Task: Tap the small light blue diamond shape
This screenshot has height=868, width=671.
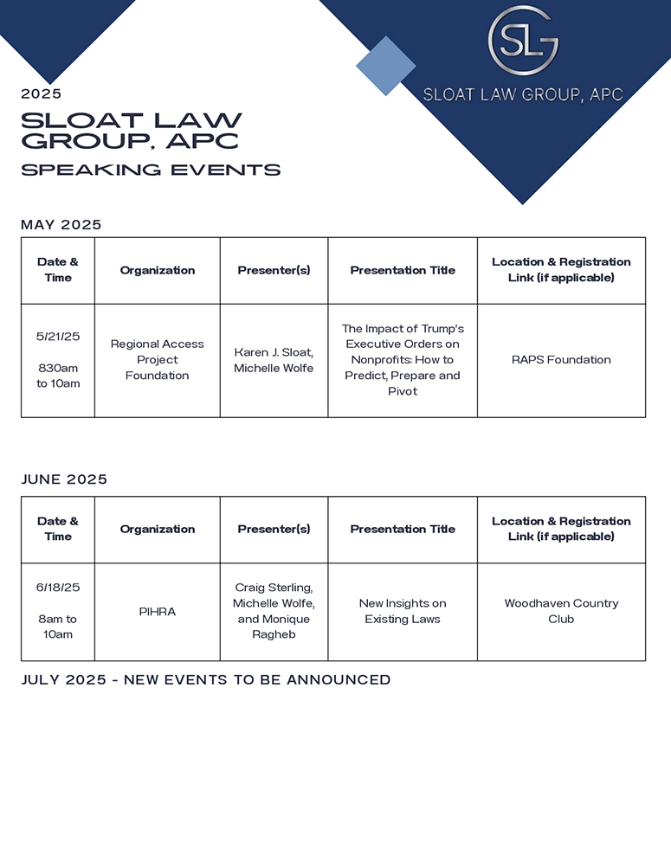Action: pos(386,66)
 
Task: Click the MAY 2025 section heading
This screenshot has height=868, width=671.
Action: pos(61,225)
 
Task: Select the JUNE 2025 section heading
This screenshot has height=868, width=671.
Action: pos(64,479)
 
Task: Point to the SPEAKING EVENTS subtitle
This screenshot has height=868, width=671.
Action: pos(151,170)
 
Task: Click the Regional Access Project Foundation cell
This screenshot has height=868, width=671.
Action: pos(158,360)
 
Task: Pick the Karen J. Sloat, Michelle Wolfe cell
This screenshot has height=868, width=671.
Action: pos(274,360)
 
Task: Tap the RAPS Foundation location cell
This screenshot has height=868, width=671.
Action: pos(561,360)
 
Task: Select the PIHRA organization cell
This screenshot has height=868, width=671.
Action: pos(158,612)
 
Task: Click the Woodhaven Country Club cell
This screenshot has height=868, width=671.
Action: pos(561,611)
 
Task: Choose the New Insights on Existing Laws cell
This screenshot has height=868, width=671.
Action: pos(403,611)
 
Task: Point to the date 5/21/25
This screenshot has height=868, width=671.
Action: pos(58,337)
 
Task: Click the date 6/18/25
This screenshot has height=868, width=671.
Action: pos(58,588)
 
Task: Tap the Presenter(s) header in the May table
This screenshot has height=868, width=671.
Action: pos(274,270)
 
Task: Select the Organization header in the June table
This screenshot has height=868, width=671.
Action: pos(158,529)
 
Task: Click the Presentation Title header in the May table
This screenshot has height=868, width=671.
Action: pos(403,270)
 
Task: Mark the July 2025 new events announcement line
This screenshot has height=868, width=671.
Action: pos(206,680)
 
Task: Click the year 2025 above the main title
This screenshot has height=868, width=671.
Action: pos(42,94)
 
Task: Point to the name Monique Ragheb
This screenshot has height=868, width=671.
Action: pos(274,627)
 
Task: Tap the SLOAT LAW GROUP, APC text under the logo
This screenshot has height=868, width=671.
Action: pos(523,94)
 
